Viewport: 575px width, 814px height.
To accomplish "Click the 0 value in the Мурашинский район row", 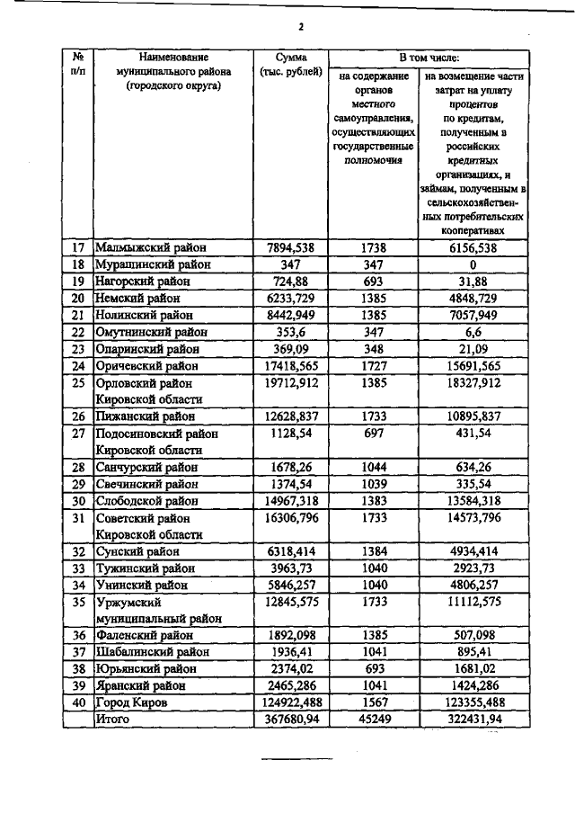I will [x=472, y=264].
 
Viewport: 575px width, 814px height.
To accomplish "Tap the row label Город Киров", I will [x=136, y=703].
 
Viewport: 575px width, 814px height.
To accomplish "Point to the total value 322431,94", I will [x=472, y=720].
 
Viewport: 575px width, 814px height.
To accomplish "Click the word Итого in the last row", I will [x=112, y=720].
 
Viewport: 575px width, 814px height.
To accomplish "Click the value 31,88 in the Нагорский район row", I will [x=472, y=282].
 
